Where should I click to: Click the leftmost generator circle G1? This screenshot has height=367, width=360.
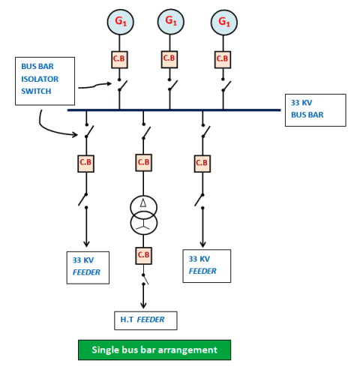tap(120, 22)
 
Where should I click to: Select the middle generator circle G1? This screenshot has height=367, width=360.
tap(171, 22)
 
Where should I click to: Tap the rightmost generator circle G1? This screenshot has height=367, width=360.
tap(224, 23)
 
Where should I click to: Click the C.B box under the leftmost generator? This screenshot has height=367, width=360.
tap(119, 59)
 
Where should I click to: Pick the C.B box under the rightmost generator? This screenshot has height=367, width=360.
tap(223, 59)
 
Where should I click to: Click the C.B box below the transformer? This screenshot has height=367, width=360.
tap(143, 255)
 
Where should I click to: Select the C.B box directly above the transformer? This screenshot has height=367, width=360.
tap(143, 163)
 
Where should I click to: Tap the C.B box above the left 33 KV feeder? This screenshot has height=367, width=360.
tap(85, 164)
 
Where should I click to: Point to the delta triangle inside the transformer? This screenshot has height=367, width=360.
tap(143, 203)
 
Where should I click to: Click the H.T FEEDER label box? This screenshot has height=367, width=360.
tap(145, 320)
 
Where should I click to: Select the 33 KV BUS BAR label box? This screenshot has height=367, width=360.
tap(316, 110)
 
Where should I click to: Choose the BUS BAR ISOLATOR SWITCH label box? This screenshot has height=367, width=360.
tap(45, 81)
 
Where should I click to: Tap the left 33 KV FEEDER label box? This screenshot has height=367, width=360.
tap(88, 267)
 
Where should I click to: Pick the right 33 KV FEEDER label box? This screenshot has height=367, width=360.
tap(207, 266)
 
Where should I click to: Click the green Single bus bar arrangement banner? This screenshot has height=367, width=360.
tap(154, 350)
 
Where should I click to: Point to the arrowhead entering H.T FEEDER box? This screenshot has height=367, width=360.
tap(143, 305)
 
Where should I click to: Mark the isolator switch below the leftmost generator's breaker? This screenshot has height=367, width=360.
tap(122, 85)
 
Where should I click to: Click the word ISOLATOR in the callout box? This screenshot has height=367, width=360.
tap(40, 79)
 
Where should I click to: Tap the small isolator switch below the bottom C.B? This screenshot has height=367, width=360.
tap(145, 279)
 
